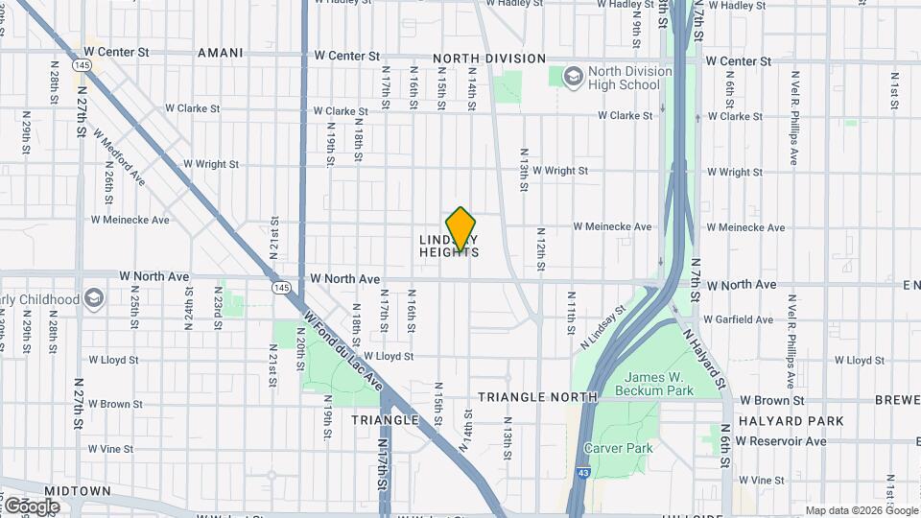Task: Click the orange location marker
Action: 461,229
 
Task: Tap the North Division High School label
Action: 624,78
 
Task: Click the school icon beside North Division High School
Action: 573,76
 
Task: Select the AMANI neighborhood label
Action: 220,54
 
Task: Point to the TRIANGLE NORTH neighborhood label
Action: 537,396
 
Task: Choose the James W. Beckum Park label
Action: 659,384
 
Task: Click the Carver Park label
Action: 618,448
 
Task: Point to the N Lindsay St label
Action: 603,326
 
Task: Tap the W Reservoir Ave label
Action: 778,441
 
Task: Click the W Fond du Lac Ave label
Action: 342,351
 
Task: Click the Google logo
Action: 31,506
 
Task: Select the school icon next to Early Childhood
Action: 93,298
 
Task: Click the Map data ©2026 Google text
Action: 861,510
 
